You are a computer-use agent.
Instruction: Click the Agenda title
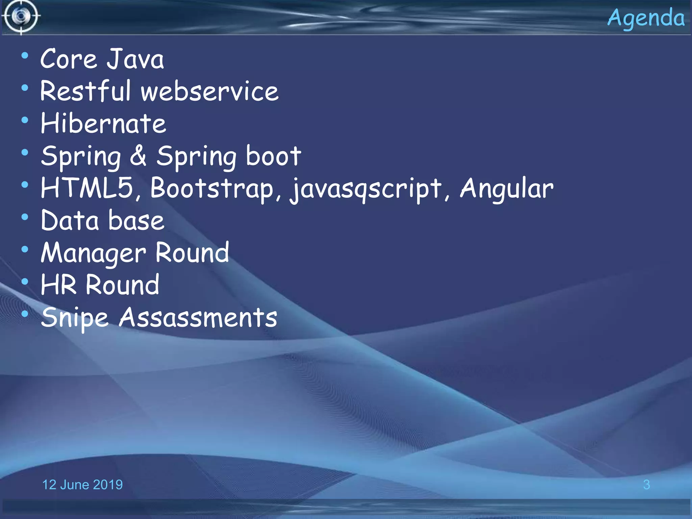[x=646, y=18]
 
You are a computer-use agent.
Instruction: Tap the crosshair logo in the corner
[x=21, y=16]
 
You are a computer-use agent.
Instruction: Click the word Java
[x=135, y=59]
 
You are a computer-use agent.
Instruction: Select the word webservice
[x=209, y=91]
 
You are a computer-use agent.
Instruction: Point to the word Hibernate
[x=103, y=123]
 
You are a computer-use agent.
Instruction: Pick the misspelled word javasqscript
[x=366, y=189]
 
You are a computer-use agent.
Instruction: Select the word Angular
[x=506, y=189]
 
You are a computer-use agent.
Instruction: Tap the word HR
[x=58, y=285]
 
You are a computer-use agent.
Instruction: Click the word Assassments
[x=198, y=318]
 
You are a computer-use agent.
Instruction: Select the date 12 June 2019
[x=82, y=485]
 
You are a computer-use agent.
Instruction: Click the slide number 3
[x=646, y=485]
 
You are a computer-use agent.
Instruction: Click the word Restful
[x=85, y=91]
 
